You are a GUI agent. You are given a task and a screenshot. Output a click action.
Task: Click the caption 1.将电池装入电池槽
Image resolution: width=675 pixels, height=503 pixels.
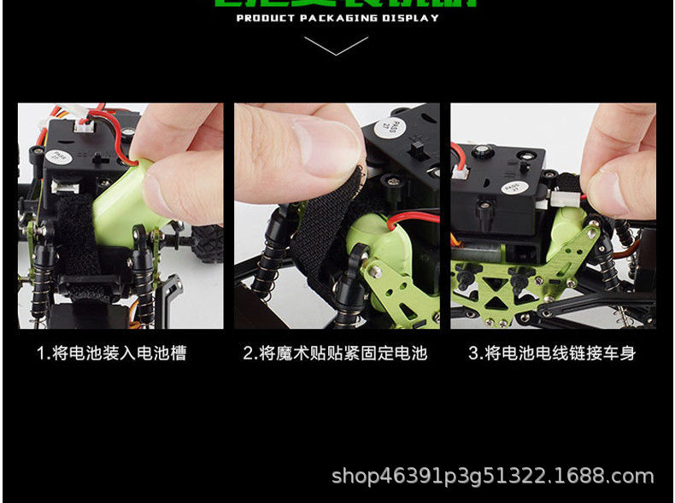111,353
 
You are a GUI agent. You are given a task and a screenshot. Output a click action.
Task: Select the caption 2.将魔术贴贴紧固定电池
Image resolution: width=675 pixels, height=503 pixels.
335,353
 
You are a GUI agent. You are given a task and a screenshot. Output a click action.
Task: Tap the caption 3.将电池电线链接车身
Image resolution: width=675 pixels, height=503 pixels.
552,353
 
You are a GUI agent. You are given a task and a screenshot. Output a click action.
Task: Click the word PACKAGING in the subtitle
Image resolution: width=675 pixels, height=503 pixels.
337,18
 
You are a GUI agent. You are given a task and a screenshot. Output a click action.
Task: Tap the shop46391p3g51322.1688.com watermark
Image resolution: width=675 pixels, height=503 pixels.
492,476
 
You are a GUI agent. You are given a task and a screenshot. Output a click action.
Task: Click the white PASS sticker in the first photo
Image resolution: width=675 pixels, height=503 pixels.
60,159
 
